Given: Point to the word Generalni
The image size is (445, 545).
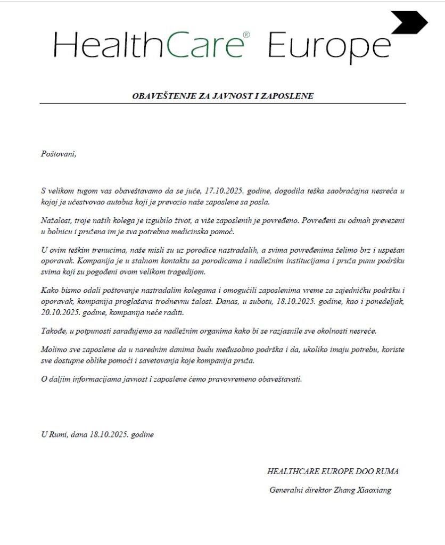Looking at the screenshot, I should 287,490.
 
